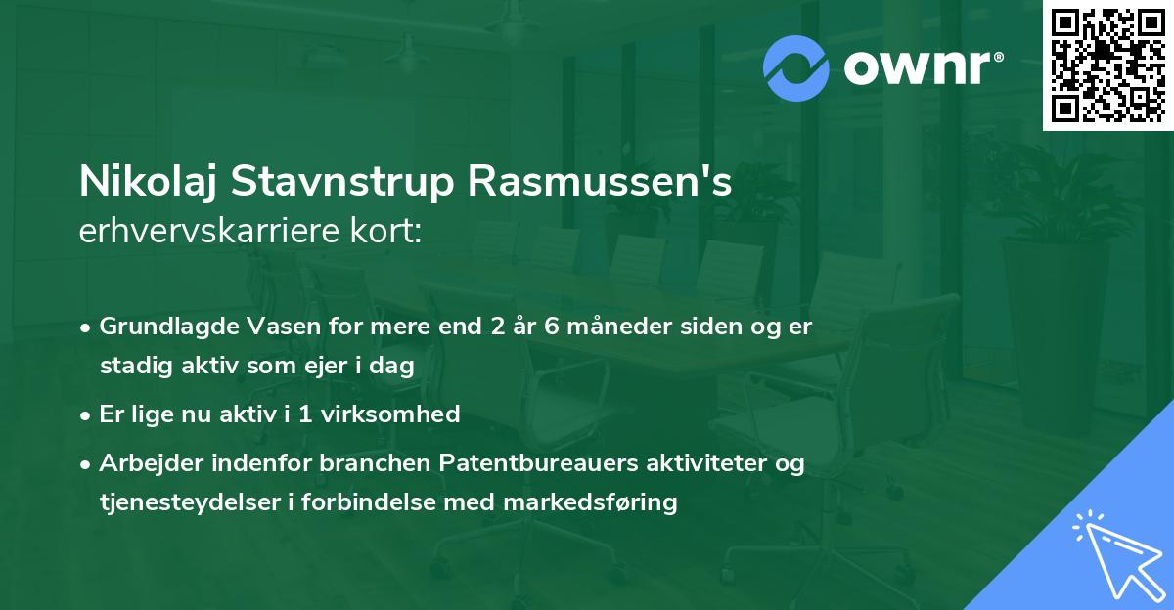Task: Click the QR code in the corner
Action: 1108,65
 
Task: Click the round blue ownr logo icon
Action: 796,67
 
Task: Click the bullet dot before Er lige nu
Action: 87,415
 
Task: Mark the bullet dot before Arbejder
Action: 87,464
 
